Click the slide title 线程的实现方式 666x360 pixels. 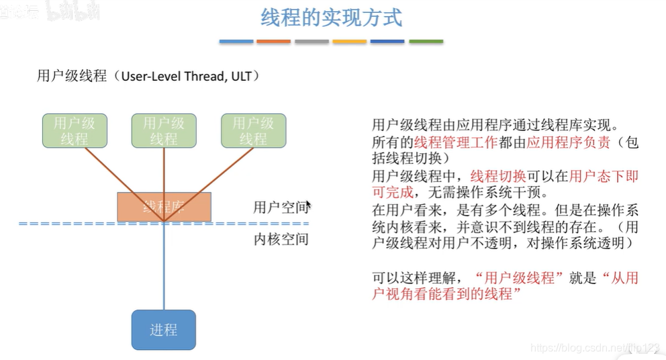(x=331, y=17)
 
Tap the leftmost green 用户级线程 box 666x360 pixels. (x=75, y=131)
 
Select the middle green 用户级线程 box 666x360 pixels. (x=164, y=131)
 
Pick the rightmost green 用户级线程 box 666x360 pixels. (x=253, y=131)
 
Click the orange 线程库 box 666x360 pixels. (x=164, y=207)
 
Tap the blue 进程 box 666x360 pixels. (x=163, y=330)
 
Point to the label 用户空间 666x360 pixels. (x=280, y=207)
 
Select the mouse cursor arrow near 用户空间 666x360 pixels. (x=308, y=205)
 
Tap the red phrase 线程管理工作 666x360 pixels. (x=456, y=142)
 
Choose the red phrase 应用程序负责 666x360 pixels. (x=569, y=142)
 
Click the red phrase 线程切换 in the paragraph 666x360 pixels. (x=498, y=177)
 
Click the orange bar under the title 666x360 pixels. (x=273, y=42)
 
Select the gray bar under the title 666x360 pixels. (x=312, y=42)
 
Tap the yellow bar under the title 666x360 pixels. (x=350, y=42)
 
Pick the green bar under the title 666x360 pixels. (x=426, y=42)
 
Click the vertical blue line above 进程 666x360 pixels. (x=164, y=269)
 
